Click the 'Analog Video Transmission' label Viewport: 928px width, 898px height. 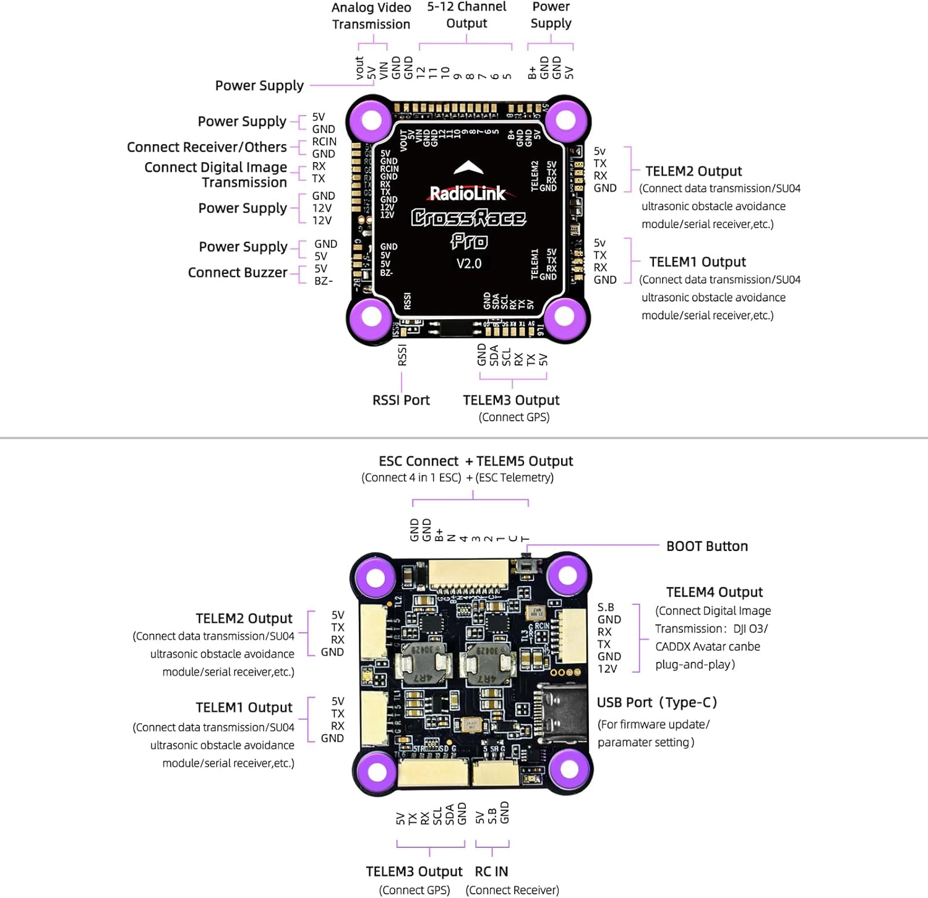[371, 16]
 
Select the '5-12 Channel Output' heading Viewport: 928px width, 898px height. [466, 15]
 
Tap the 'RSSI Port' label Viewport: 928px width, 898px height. [401, 400]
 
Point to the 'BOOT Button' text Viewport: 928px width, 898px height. [707, 546]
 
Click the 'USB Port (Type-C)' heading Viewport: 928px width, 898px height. [656, 703]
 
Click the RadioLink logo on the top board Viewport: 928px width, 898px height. [468, 194]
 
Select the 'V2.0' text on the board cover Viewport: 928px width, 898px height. [469, 264]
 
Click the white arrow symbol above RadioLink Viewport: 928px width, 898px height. [468, 168]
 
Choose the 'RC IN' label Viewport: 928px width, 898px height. [491, 871]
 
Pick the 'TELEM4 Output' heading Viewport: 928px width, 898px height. [714, 592]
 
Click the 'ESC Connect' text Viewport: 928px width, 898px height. [418, 461]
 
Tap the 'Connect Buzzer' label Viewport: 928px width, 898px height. [238, 273]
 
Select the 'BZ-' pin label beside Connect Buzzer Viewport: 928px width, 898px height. [323, 281]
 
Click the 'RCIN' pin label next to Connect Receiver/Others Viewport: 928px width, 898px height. [324, 142]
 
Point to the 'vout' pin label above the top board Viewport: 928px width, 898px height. [359, 68]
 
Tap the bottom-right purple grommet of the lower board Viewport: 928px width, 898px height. [569, 770]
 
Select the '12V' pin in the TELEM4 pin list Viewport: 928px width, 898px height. [607, 669]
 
